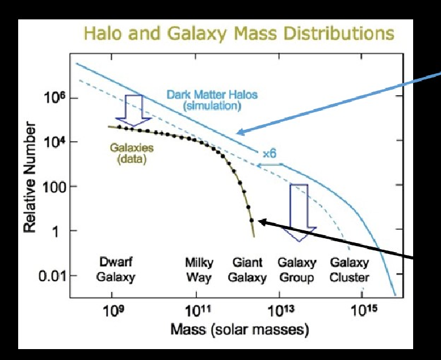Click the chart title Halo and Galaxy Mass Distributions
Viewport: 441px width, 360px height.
(239, 33)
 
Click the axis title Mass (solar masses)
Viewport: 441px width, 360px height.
(239, 330)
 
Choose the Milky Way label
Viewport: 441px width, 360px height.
(198, 270)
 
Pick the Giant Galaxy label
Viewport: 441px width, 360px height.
(249, 270)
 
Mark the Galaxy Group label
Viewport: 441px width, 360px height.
(297, 270)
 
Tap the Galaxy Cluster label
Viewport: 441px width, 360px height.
(349, 270)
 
